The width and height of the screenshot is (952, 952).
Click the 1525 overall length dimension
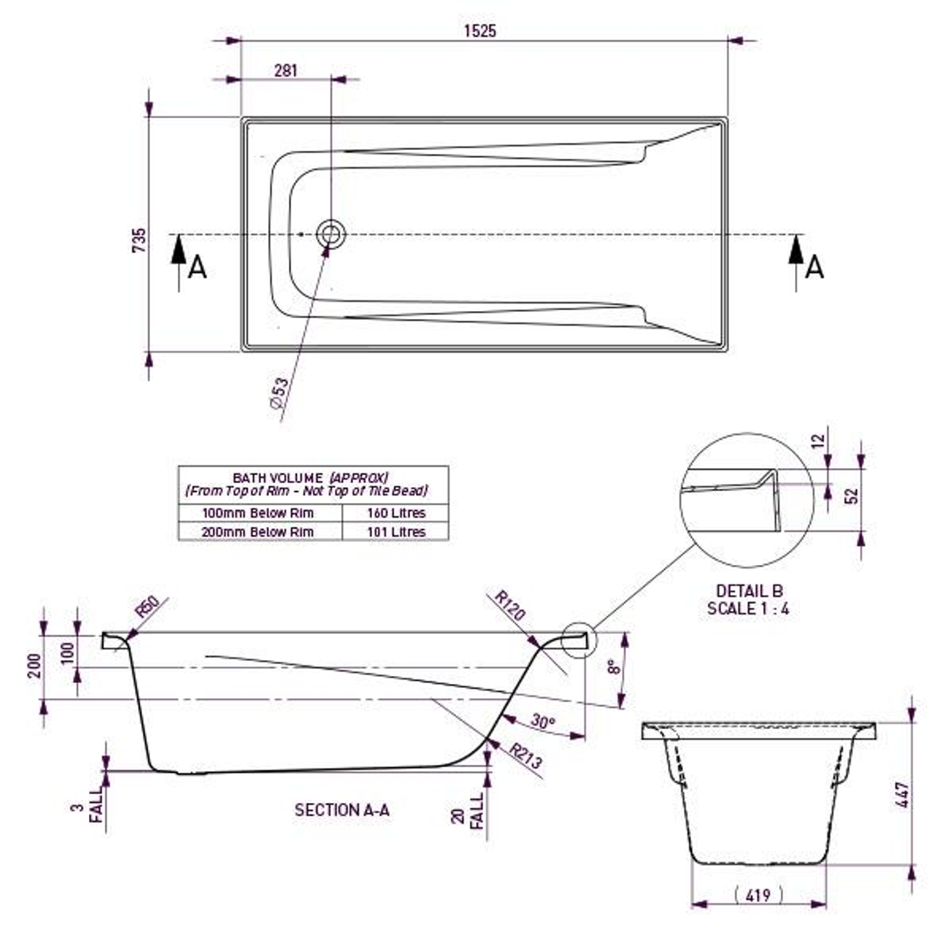click(x=480, y=31)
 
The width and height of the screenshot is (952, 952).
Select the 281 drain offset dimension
click(x=286, y=71)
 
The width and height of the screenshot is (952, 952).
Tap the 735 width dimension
click(x=138, y=240)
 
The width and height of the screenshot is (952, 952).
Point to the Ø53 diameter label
click(x=279, y=393)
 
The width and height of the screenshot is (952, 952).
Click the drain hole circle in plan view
click(x=331, y=234)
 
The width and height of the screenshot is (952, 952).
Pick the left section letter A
click(x=197, y=266)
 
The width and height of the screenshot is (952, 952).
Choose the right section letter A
click(x=814, y=266)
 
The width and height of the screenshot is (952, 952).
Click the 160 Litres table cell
click(x=395, y=513)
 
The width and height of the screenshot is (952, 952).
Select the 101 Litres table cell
click(x=395, y=532)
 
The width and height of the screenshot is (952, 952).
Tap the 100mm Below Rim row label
click(x=258, y=513)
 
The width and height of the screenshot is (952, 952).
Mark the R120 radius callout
click(x=509, y=606)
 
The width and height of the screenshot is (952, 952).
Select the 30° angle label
click(x=543, y=722)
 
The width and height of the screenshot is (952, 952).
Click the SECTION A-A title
click(x=342, y=809)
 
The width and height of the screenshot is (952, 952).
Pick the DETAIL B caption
click(x=748, y=591)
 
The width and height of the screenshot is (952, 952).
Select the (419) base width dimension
click(x=758, y=895)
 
